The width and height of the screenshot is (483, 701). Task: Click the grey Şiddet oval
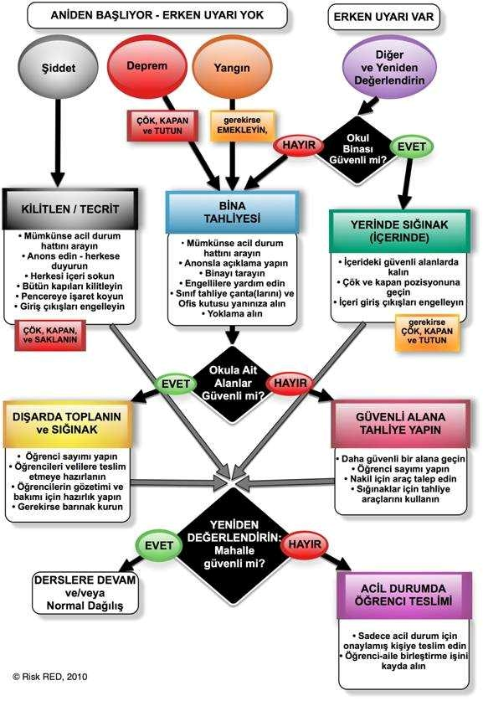click(58, 68)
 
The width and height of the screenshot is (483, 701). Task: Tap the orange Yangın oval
click(231, 68)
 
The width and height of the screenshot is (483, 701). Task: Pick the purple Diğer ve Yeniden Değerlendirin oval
click(389, 68)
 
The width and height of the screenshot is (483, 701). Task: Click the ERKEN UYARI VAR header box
click(384, 17)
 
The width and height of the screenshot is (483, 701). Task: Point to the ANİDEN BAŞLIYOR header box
click(157, 15)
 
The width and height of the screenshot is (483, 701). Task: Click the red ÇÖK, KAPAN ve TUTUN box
click(162, 126)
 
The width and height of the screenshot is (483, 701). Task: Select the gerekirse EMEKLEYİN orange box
click(243, 125)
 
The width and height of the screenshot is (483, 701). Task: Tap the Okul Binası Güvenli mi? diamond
click(358, 149)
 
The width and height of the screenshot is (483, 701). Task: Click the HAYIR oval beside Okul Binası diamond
click(299, 145)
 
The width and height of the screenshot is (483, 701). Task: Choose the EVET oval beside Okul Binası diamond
click(412, 147)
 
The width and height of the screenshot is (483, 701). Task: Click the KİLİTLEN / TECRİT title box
click(70, 209)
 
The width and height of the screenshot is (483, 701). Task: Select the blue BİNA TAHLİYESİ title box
click(232, 213)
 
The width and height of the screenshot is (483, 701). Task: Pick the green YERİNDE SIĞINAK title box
click(399, 230)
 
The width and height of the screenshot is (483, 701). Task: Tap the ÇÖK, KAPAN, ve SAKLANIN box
click(50, 335)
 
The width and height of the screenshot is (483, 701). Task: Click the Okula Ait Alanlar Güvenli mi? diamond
click(233, 383)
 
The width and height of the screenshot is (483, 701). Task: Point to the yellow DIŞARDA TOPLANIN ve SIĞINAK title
click(67, 424)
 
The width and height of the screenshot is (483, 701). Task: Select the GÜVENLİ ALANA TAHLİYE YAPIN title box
click(400, 424)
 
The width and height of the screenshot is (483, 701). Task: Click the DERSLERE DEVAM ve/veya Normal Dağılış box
click(85, 593)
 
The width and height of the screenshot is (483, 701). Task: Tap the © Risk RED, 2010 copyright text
click(50, 677)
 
